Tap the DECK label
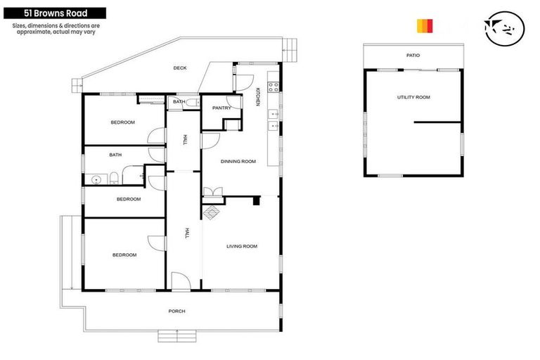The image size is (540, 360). (180, 68)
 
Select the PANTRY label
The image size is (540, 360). (221, 108)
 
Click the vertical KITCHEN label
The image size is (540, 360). (257, 98)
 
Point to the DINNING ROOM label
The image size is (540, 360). (238, 162)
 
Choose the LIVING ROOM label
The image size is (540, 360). (241, 246)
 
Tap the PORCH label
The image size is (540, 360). (176, 311)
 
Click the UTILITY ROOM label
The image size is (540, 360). (413, 97)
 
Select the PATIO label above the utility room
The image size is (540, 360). (413, 55)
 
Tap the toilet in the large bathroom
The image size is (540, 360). (113, 176)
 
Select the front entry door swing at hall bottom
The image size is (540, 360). (180, 283)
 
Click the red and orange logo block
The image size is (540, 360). (425, 26)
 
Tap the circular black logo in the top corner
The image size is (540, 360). (507, 26)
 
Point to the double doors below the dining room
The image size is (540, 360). (213, 192)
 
